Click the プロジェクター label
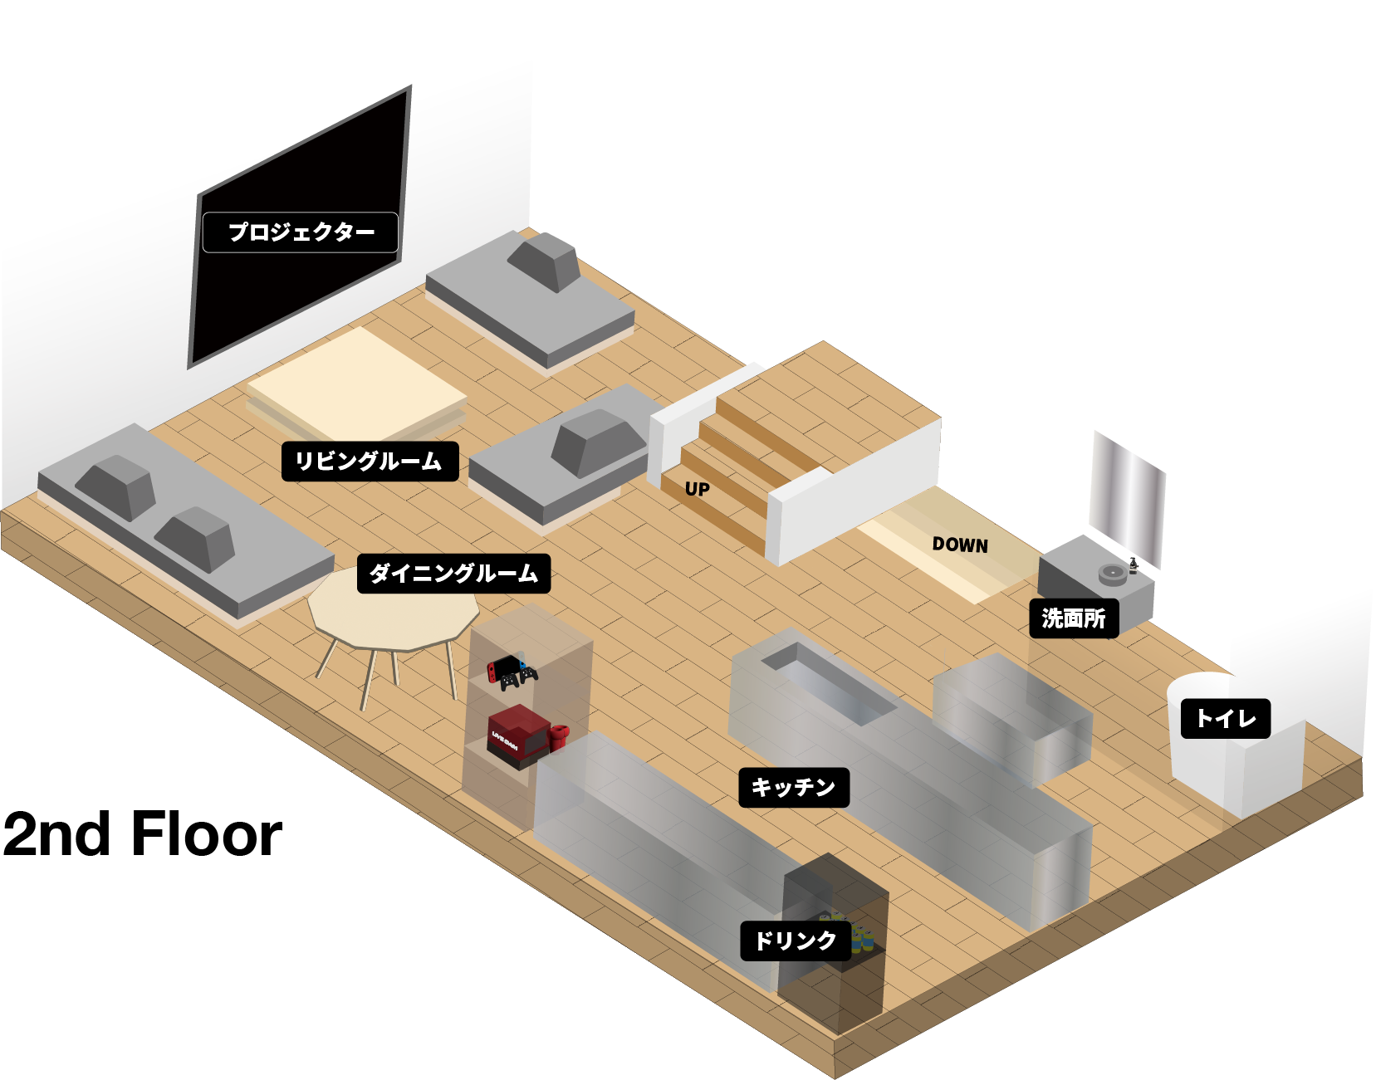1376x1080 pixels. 300,232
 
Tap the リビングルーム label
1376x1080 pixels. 370,462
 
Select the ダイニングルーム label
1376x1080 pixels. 453,574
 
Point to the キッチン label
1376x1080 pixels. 793,787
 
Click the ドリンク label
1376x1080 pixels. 795,941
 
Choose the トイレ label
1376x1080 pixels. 1225,718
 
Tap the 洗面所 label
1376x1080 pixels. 1074,618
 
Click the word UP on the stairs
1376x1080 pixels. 698,489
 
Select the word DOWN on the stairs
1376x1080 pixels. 960,545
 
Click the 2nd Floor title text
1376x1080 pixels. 142,834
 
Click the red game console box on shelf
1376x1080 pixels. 516,734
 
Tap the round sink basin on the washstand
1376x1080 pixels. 1112,574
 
